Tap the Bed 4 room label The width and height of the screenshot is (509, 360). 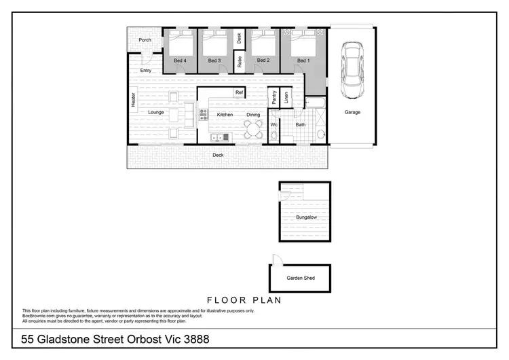click(x=180, y=61)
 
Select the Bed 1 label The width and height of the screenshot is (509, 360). click(x=303, y=61)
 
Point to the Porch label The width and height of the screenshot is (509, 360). click(x=145, y=40)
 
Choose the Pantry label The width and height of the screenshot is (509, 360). click(x=274, y=98)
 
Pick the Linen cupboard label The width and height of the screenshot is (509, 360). click(x=286, y=98)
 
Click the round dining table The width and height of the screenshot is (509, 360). click(x=252, y=128)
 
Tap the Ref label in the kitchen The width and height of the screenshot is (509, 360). click(x=239, y=92)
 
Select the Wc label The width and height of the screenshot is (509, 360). click(x=274, y=125)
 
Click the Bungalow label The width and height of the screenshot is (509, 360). click(x=306, y=217)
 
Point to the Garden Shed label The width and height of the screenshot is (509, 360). click(x=300, y=278)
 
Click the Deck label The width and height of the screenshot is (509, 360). click(x=218, y=155)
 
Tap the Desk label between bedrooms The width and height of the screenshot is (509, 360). click(x=239, y=39)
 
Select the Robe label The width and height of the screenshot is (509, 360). click(x=240, y=62)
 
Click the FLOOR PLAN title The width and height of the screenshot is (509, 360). click(x=244, y=299)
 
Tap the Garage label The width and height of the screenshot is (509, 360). click(x=352, y=112)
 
